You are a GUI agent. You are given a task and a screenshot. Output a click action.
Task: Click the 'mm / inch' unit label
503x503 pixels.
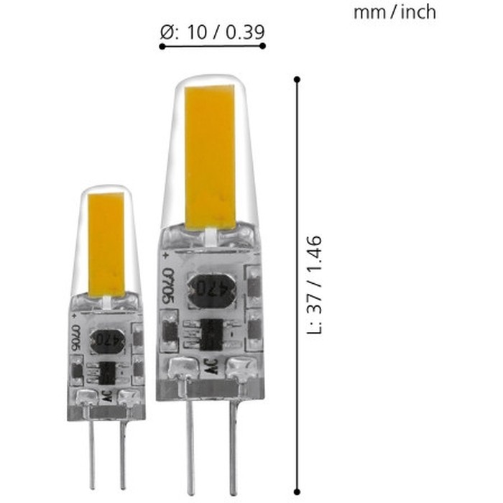(394, 12)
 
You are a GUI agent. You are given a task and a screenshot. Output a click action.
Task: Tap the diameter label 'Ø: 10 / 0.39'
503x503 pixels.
(211, 32)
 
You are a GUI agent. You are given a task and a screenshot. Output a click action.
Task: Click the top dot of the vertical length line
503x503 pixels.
(297, 78)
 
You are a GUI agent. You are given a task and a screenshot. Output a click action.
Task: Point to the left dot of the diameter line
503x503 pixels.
(162, 46)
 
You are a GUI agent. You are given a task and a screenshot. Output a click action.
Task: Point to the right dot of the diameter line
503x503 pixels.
(263, 46)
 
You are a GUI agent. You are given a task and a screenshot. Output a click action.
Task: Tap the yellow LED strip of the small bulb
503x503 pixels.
(106, 244)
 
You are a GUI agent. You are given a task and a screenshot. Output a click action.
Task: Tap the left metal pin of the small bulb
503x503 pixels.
(93, 453)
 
